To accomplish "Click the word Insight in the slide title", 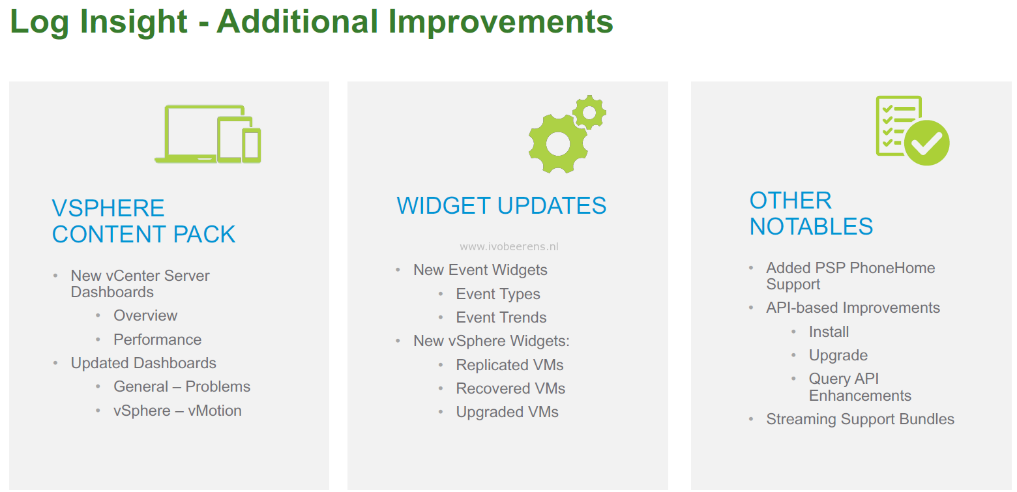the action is (x=134, y=22).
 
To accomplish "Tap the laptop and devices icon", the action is (x=208, y=134).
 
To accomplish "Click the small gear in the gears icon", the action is (x=589, y=112).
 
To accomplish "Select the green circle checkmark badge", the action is (x=926, y=143).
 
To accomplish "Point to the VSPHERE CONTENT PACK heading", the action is (x=143, y=221).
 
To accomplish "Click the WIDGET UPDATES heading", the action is (x=501, y=206).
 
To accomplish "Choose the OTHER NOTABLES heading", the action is (x=811, y=213).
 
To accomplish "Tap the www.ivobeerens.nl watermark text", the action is (x=509, y=246).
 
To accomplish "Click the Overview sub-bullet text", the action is (x=145, y=315).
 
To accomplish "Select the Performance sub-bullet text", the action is (x=158, y=340).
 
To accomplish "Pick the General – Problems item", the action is (x=182, y=386).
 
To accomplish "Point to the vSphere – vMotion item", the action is (x=177, y=411).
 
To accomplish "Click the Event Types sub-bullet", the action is (x=498, y=294).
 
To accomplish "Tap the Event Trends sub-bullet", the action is (x=501, y=317).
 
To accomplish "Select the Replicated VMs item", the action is (x=510, y=365).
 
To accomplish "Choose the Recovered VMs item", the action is (x=510, y=388).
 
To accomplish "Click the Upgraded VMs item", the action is (x=507, y=412).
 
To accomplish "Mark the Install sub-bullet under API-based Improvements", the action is (x=829, y=332).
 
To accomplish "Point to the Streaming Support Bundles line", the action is (x=861, y=419).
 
